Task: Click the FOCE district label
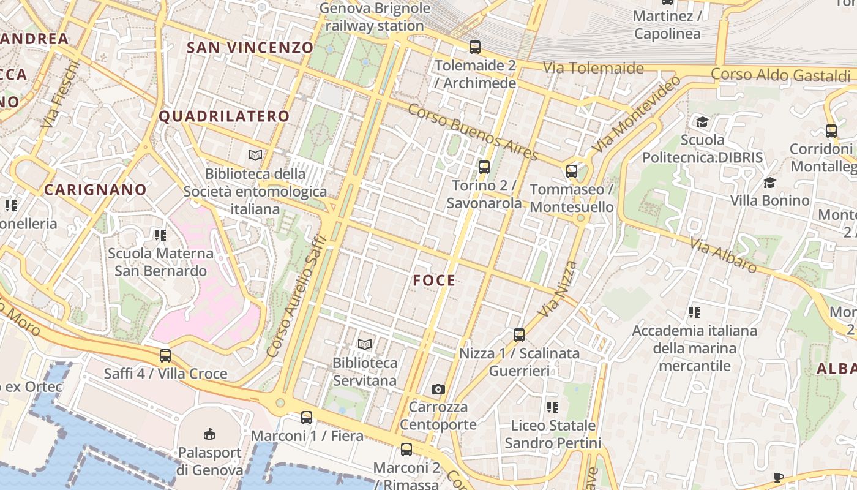434,281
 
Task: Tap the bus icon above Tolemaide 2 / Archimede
474,47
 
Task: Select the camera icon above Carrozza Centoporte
438,389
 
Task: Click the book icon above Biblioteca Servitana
365,345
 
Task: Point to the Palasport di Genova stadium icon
209,434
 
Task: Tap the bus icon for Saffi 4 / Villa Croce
165,356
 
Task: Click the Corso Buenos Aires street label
472,132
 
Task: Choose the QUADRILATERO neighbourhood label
224,116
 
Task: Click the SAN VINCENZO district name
250,48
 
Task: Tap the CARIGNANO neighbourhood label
95,190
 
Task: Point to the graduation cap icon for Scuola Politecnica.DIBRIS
702,123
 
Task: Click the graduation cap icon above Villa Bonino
769,183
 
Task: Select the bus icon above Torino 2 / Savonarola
484,167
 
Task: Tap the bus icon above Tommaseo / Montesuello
572,171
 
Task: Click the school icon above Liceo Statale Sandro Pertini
553,407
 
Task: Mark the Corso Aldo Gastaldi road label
780,75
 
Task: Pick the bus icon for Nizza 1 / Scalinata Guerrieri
519,335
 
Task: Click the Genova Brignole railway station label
375,17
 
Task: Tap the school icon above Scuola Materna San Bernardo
160,235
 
